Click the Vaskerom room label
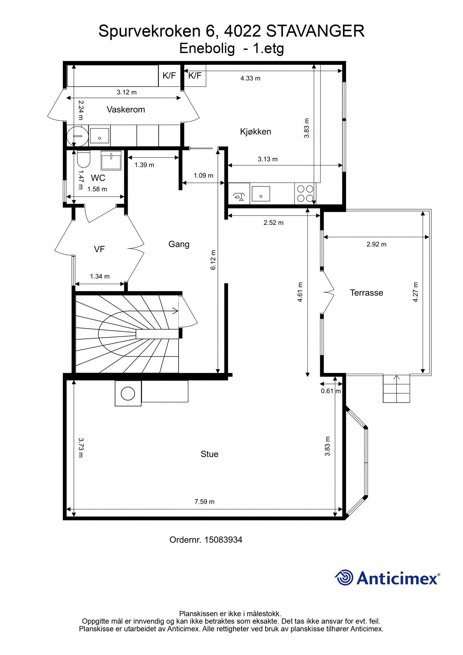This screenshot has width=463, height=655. pos(125,110)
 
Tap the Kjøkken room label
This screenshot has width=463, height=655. pos(255,131)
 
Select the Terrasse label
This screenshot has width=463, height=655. pos(366,293)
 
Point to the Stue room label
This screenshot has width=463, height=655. pos(209,454)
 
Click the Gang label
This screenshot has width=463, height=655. pos(179,244)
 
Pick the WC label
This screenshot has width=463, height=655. pos(98,178)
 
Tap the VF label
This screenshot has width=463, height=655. pos(99,249)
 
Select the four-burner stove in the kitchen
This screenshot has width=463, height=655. pos(305,194)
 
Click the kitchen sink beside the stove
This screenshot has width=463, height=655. pos(260,194)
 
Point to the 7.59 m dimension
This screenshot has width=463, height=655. pos(204,501)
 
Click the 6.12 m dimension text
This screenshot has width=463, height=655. pos(213,260)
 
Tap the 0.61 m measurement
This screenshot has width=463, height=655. pos(331,391)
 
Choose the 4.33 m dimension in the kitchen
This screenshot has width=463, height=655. pos(250,78)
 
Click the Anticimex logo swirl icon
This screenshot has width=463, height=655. pos(344,577)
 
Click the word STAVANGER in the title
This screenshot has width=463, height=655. pos(315,31)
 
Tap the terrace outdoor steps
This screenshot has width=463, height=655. pos(396,389)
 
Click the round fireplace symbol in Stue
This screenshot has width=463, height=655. pos(128,393)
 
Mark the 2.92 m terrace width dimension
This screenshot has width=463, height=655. pos(376,244)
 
